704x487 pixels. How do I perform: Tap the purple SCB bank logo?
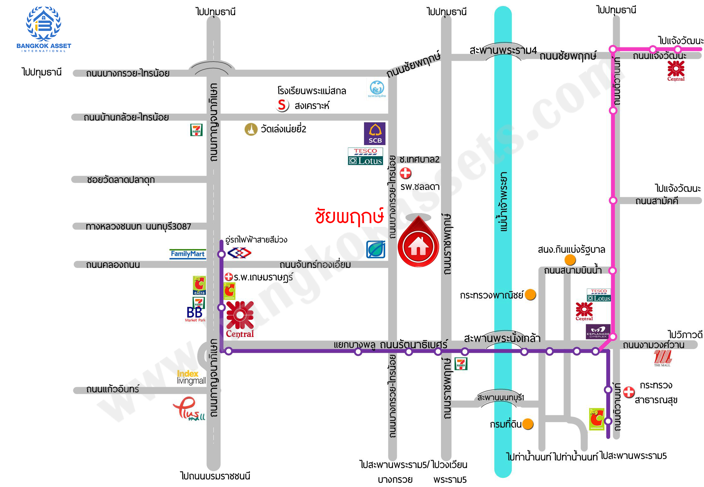pyautogui.click(x=374, y=133)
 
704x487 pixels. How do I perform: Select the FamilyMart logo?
pyautogui.click(x=188, y=254)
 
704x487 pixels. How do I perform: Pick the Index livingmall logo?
pyautogui.click(x=191, y=377)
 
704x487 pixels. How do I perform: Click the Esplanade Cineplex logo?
pyautogui.click(x=598, y=332)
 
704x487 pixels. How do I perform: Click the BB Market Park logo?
pyautogui.click(x=195, y=314)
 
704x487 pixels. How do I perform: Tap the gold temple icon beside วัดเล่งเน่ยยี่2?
pyautogui.click(x=251, y=129)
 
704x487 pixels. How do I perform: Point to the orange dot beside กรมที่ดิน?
pyautogui.click(x=528, y=424)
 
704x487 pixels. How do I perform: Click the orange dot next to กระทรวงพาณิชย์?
pyautogui.click(x=530, y=295)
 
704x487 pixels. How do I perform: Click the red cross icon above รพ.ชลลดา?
pyautogui.click(x=405, y=173)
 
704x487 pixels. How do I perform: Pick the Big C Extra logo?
pyautogui.click(x=199, y=285)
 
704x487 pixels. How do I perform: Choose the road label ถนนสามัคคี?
pyautogui.click(x=657, y=201)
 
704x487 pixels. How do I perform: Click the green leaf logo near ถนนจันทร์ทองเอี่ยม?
pyautogui.click(x=375, y=249)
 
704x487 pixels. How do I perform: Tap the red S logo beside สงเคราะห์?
pyautogui.click(x=282, y=105)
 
